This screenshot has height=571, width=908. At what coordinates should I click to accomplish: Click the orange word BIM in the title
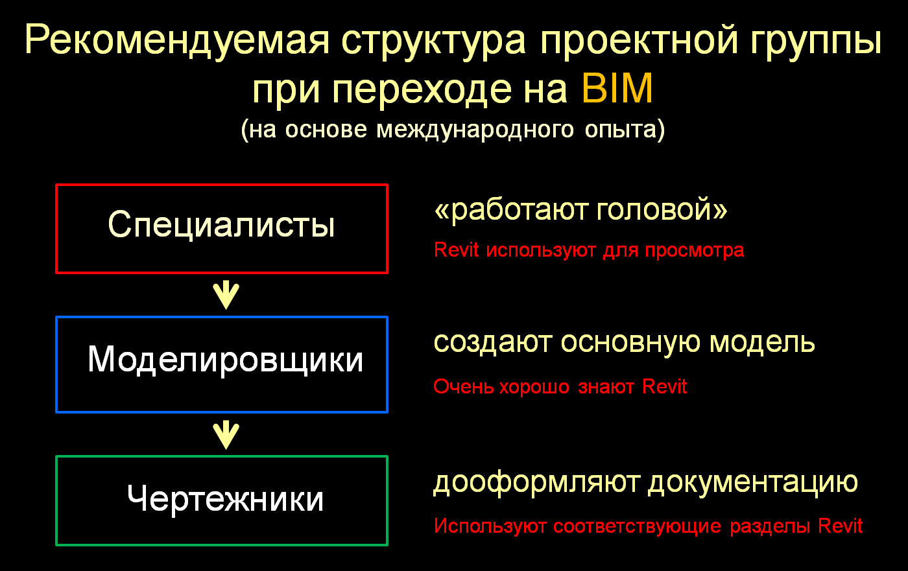617,88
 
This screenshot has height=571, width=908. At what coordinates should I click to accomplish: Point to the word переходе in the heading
422,91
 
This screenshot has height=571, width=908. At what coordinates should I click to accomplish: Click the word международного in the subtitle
475,130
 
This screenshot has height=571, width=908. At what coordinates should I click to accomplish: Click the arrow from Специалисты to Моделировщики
226,294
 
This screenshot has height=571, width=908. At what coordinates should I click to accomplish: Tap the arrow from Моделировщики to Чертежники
226,434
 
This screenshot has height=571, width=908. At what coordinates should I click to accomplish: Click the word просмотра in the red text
695,251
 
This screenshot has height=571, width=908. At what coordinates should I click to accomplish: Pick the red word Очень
463,387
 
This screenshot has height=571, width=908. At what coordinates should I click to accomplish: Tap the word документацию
753,483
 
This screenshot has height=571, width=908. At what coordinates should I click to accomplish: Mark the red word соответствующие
637,527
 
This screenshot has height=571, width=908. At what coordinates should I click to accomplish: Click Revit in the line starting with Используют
840,526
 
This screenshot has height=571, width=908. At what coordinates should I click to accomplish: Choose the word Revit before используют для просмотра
456,250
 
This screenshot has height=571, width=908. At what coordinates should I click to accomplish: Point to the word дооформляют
536,483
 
